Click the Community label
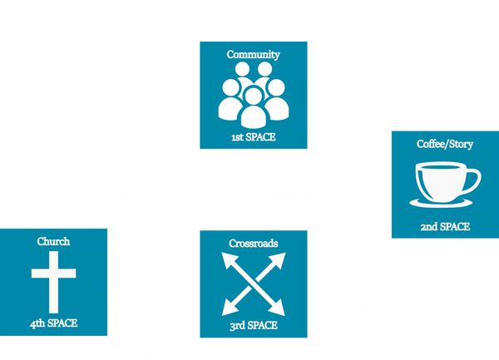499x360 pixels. pyautogui.click(x=253, y=55)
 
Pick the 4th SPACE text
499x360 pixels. pyautogui.click(x=55, y=322)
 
